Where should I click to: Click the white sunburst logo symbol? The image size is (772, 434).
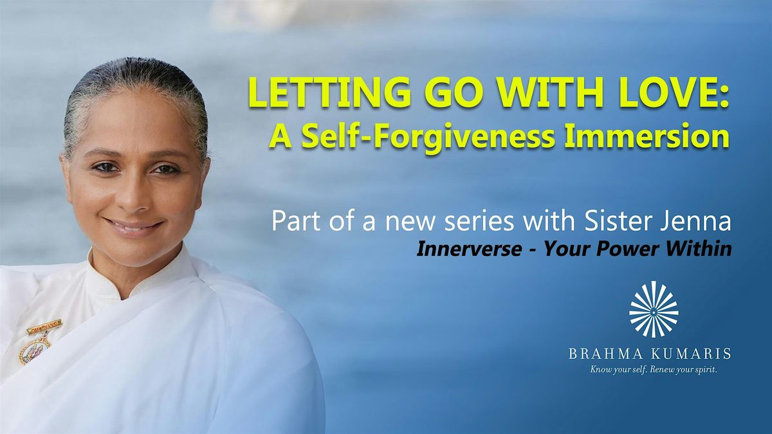(653, 310)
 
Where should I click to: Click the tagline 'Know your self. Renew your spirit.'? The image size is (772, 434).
(654, 371)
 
